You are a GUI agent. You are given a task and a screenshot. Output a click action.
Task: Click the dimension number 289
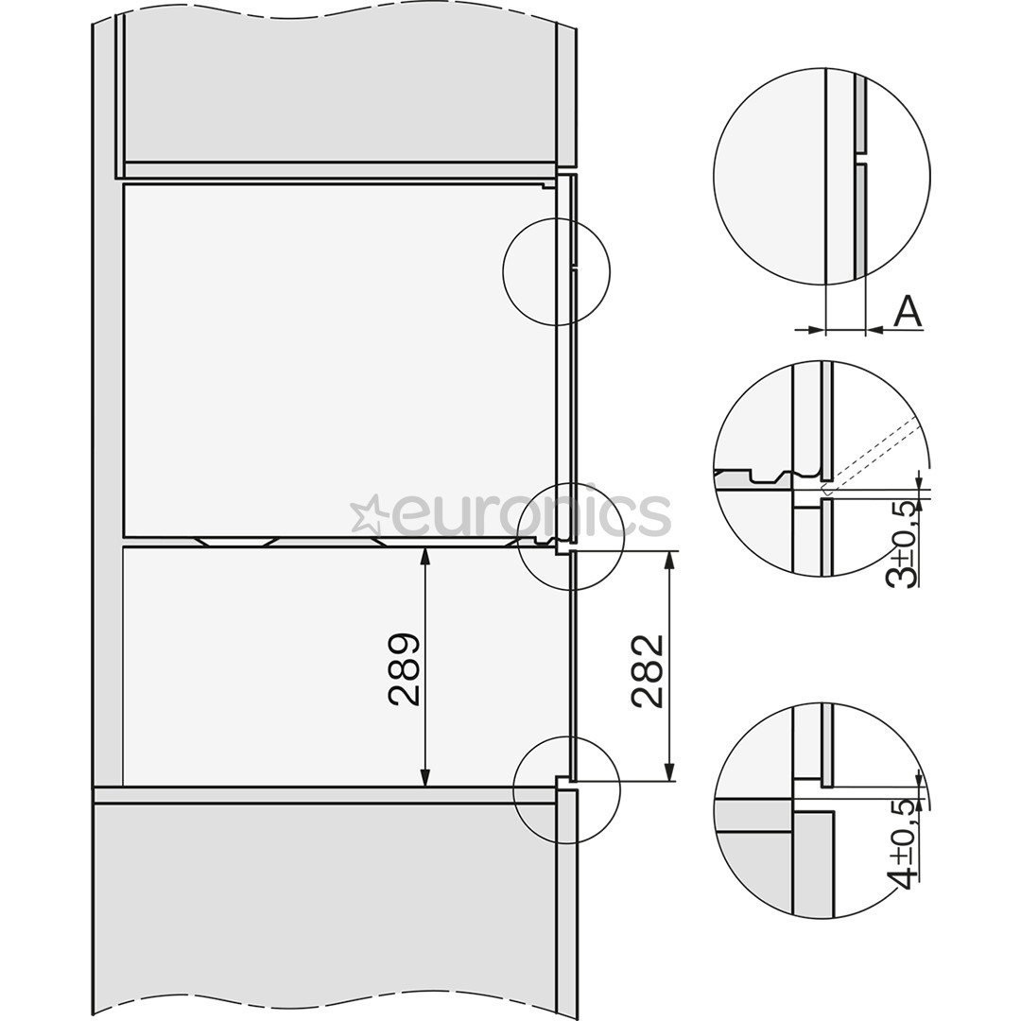pyautogui.click(x=405, y=669)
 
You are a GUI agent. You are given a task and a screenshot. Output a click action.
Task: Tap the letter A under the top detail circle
pyautogui.click(x=908, y=312)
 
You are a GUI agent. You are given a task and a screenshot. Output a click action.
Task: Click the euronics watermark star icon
pyautogui.click(x=368, y=515)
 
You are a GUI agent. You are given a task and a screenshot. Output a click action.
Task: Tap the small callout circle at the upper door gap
pyautogui.click(x=557, y=271)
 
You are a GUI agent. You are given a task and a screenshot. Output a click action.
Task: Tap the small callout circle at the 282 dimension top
pyautogui.click(x=571, y=537)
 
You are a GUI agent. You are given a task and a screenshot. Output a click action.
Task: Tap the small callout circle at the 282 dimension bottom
pyautogui.click(x=566, y=788)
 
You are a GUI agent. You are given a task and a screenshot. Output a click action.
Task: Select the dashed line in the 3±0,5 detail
pyautogui.click(x=874, y=454)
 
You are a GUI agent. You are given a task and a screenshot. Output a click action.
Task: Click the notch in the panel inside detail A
pyautogui.click(x=860, y=157)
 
